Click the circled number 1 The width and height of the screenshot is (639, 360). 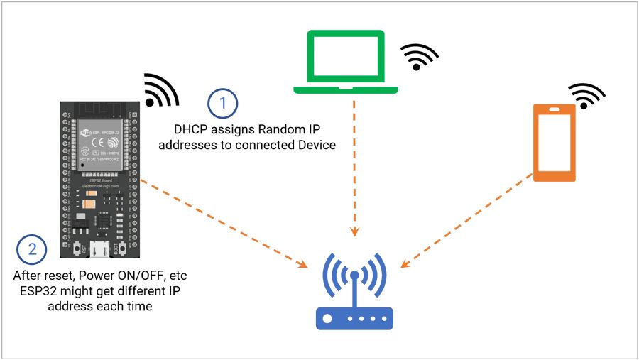click(223, 104)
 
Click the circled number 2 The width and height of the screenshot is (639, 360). click(31, 249)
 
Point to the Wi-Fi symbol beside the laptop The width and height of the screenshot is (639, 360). click(420, 56)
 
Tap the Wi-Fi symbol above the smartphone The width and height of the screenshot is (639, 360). click(587, 95)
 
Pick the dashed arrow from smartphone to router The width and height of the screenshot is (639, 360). click(469, 220)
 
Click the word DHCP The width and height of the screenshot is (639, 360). click(191, 130)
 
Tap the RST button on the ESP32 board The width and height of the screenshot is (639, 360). click(75, 249)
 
